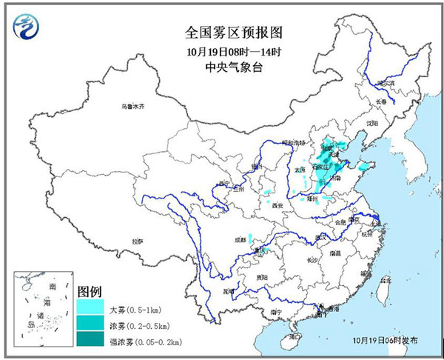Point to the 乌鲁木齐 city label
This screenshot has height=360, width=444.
[134, 107]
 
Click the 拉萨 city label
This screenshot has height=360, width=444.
[138, 241]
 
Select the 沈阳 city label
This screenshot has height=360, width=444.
[371, 123]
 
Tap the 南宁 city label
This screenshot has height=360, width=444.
[275, 313]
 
